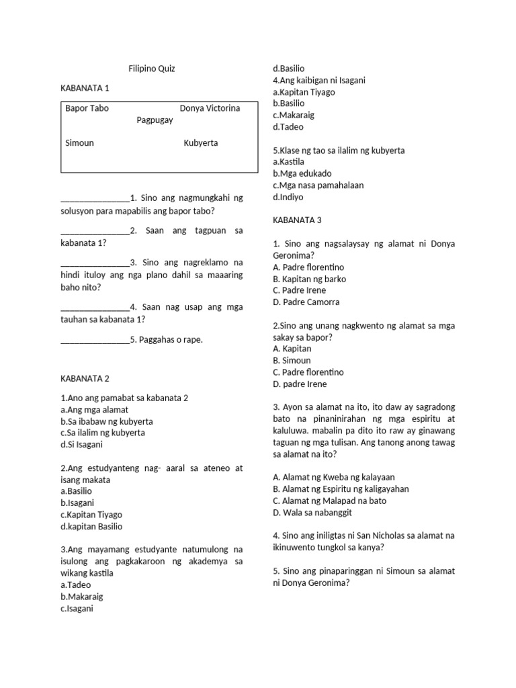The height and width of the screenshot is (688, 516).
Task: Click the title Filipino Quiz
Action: (x=151, y=69)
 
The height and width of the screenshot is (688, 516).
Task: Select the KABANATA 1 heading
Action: (x=85, y=88)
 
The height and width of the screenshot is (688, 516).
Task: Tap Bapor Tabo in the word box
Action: (x=87, y=108)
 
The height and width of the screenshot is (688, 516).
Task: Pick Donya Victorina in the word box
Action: (x=210, y=108)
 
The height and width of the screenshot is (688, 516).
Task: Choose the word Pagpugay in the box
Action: (x=155, y=120)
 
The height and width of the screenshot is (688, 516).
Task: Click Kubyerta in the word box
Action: (x=201, y=143)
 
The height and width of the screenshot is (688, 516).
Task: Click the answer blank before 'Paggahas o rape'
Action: (x=95, y=341)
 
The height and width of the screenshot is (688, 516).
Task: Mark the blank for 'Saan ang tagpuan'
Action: (x=95, y=231)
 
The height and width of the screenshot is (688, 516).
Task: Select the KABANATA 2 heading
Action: (x=85, y=378)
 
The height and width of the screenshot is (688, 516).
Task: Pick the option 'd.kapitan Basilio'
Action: (x=91, y=527)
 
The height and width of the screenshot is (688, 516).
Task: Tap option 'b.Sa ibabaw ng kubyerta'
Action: (x=107, y=421)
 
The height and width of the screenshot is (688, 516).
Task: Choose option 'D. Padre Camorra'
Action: (x=306, y=302)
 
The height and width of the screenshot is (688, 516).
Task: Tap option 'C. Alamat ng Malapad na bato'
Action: (x=329, y=501)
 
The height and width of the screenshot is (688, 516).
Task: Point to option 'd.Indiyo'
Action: (x=288, y=197)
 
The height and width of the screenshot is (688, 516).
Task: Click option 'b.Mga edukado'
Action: (x=302, y=173)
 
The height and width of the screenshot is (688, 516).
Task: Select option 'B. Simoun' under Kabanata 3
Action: (x=292, y=361)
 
